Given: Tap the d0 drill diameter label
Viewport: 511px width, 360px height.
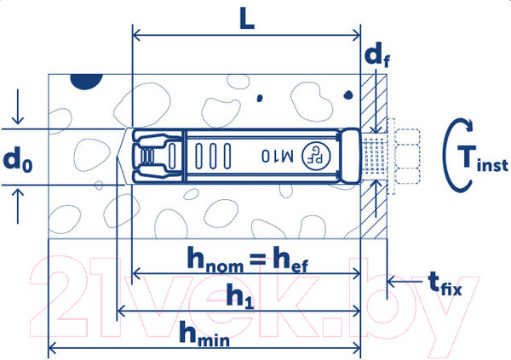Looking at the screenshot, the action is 18,159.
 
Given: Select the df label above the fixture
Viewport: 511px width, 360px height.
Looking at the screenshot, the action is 377,56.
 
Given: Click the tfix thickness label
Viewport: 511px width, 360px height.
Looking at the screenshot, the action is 445,284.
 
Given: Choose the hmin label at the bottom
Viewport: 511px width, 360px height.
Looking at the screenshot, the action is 204,334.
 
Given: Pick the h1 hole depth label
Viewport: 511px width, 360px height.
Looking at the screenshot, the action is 240,296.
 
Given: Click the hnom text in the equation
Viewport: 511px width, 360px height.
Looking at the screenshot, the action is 215,260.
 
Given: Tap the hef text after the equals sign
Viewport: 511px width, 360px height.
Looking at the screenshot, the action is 290,260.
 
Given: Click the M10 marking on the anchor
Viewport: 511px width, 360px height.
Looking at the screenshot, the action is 278,156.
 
